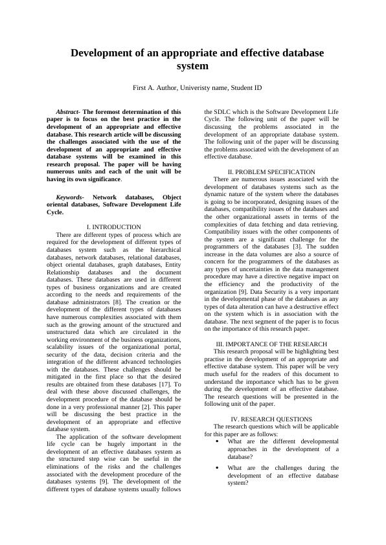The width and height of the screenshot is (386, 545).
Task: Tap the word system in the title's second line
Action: point(192,66)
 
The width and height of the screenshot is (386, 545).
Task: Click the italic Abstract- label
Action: point(69,112)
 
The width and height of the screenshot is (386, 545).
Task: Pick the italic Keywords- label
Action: point(70,197)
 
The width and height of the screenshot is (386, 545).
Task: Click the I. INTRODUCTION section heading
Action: point(113,227)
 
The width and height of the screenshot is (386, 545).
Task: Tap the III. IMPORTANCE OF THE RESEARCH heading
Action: point(271,344)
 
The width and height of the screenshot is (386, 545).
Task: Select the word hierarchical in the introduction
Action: point(161,249)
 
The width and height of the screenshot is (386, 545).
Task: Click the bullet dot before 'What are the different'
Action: point(216,441)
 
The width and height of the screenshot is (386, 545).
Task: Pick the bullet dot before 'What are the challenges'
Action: point(216,467)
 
